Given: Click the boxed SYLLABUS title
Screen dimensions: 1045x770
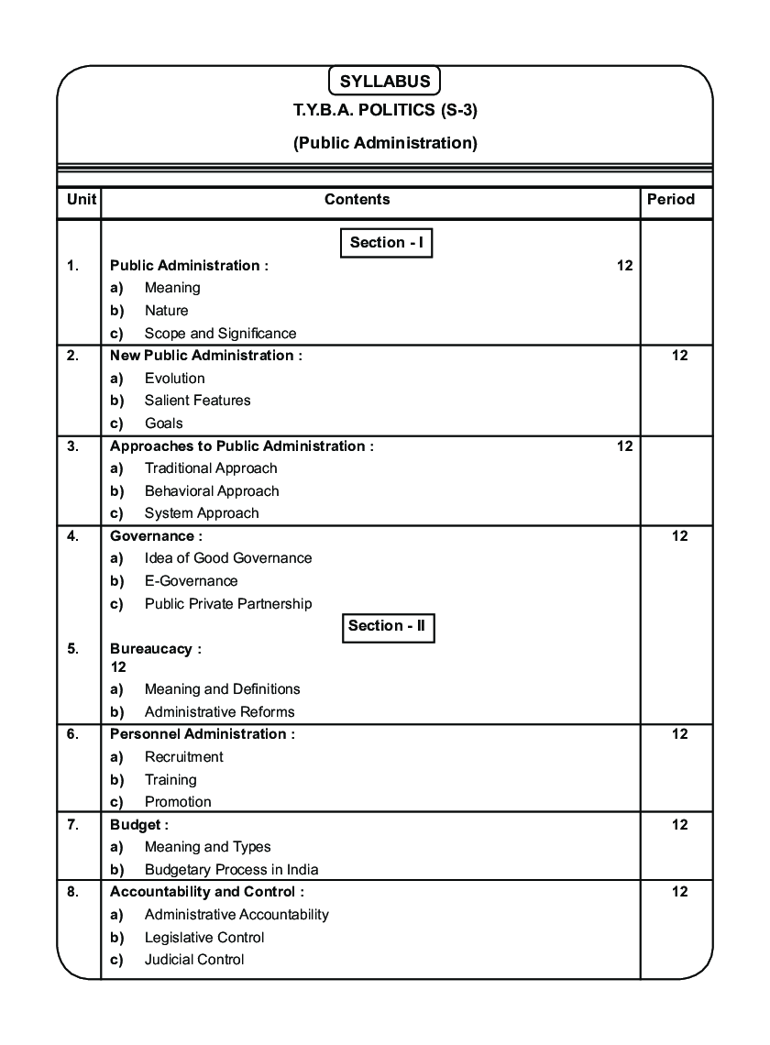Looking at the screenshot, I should point(385,81).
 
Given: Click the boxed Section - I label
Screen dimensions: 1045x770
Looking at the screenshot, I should point(386,243).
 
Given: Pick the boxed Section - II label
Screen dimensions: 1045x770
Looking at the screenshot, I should point(388,626).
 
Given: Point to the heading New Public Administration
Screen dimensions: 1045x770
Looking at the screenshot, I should point(205,356).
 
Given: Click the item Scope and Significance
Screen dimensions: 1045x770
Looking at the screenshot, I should point(220,334).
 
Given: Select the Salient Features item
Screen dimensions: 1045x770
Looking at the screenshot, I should point(197,401).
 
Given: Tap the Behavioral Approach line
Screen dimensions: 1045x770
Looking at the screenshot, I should point(212,491).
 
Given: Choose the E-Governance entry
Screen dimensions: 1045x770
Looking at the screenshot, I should point(191,581).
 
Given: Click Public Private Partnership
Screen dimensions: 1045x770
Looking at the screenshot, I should point(228,604).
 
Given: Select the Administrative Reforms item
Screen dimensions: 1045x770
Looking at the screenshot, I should point(219,712).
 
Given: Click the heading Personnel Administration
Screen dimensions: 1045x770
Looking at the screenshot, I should point(203,734).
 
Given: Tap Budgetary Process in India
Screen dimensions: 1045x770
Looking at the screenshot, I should point(231,870).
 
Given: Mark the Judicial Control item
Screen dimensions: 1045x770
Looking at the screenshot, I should point(194,960).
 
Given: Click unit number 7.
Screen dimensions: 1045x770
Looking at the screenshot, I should point(73,825).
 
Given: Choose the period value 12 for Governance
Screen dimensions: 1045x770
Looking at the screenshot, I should point(679,536).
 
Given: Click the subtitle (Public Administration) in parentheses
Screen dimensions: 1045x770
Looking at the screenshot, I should point(385,143).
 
